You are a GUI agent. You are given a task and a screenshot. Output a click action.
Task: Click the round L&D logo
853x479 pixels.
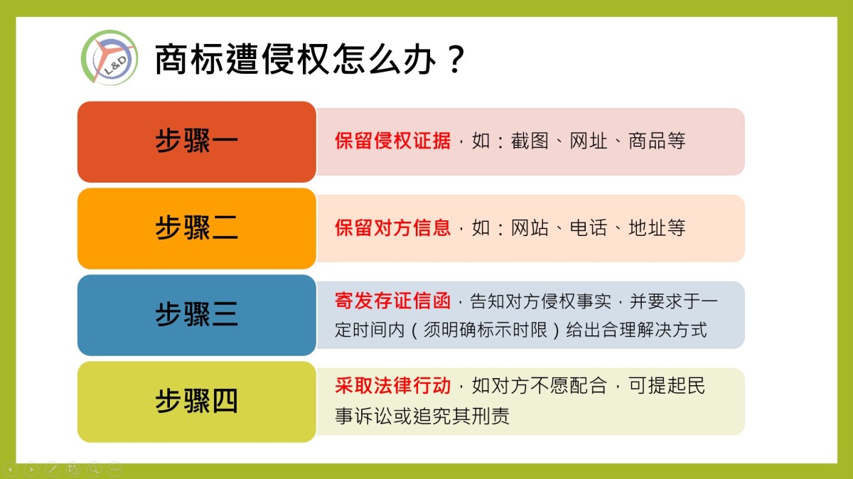tap(109, 58)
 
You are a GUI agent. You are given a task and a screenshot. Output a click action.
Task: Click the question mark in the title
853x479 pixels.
tap(456, 59)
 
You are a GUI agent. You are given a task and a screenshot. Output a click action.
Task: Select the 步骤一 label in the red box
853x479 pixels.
tap(196, 141)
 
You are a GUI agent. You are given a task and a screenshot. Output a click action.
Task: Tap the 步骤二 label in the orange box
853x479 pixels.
tap(196, 227)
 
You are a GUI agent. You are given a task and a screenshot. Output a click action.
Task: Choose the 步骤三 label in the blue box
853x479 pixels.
tap(196, 315)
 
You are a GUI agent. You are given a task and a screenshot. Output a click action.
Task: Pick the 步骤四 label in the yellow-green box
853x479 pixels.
tap(196, 401)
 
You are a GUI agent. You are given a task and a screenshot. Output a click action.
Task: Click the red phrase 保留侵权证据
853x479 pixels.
tap(392, 141)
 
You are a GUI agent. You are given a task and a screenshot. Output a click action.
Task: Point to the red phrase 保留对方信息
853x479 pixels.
tap(392, 227)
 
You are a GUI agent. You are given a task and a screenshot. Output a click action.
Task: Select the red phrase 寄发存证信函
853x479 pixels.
tap(392, 301)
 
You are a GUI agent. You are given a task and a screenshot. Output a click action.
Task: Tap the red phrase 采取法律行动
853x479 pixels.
tap(392, 386)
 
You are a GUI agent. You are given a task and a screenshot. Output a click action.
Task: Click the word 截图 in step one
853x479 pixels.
tap(530, 141)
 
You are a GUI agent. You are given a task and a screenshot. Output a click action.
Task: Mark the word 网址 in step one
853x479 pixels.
tap(589, 141)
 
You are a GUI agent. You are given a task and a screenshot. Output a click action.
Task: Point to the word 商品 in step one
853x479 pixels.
tap(647, 141)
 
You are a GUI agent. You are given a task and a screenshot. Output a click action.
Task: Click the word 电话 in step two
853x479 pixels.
tap(589, 227)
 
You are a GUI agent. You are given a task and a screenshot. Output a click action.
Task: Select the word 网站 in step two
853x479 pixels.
tap(530, 227)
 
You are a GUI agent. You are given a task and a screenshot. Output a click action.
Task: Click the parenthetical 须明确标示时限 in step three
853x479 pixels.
tap(485, 330)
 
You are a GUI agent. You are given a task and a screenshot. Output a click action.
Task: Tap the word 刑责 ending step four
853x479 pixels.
tap(490, 416)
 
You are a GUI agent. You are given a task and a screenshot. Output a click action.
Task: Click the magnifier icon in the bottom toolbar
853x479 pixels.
tap(94, 470)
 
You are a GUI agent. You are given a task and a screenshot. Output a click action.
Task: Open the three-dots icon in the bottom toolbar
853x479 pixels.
tap(115, 470)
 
